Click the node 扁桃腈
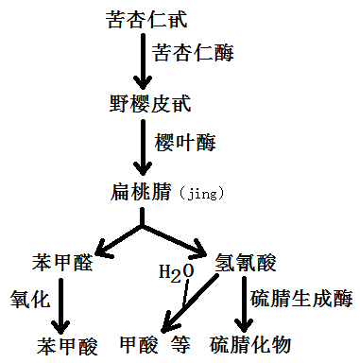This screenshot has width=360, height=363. [x=141, y=193]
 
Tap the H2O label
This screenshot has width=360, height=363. [x=176, y=274]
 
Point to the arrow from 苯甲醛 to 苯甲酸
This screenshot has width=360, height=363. [x=64, y=301]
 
